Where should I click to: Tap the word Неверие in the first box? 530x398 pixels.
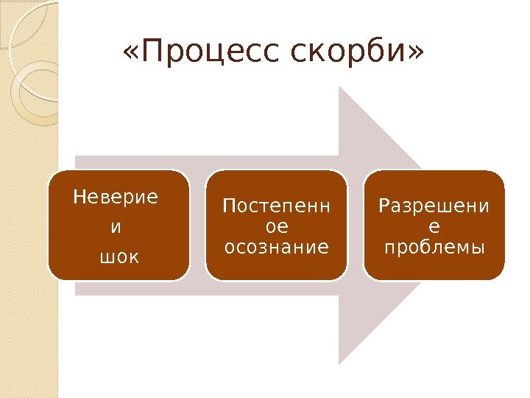[x=116, y=198]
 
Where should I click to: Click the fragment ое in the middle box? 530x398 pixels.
[x=276, y=227]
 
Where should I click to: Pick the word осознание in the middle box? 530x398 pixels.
[x=276, y=247]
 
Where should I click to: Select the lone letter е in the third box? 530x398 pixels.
[x=434, y=227]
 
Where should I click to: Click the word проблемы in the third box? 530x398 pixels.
[x=434, y=247]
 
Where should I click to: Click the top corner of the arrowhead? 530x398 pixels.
[x=339, y=87]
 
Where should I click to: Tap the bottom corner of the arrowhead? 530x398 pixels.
[x=339, y=363]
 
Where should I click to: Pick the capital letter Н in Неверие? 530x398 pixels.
[x=78, y=198]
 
